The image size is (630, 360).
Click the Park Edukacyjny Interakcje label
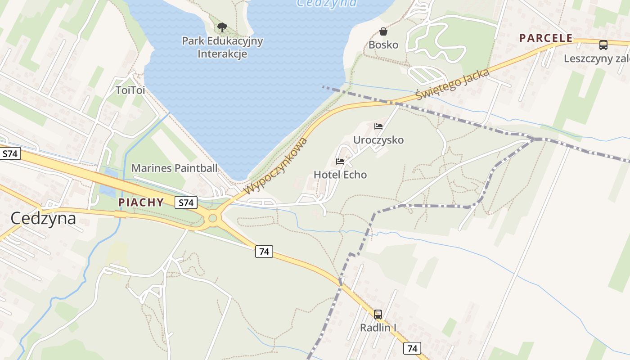coord(222,47)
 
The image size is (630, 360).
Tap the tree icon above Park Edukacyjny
coord(222,27)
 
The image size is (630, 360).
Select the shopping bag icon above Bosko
coord(383,31)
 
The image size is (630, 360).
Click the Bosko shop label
coord(383,45)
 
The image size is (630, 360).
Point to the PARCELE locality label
coord(546,38)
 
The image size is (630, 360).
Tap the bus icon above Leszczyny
coord(603,45)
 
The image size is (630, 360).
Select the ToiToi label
coord(130,90)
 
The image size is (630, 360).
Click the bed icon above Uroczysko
coord(378,126)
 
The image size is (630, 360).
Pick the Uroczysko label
coord(378,140)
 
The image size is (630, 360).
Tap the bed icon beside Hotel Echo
coord(340,162)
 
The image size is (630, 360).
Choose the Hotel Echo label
coord(340,175)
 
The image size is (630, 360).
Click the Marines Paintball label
coord(174,168)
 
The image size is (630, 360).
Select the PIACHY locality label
coord(141,202)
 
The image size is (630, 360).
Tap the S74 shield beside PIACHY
coord(186,203)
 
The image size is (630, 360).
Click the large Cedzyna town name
coord(43,219)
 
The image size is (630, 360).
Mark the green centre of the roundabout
coord(213,219)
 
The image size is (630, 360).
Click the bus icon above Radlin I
coord(378,315)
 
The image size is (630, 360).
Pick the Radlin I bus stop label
coord(378,328)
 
